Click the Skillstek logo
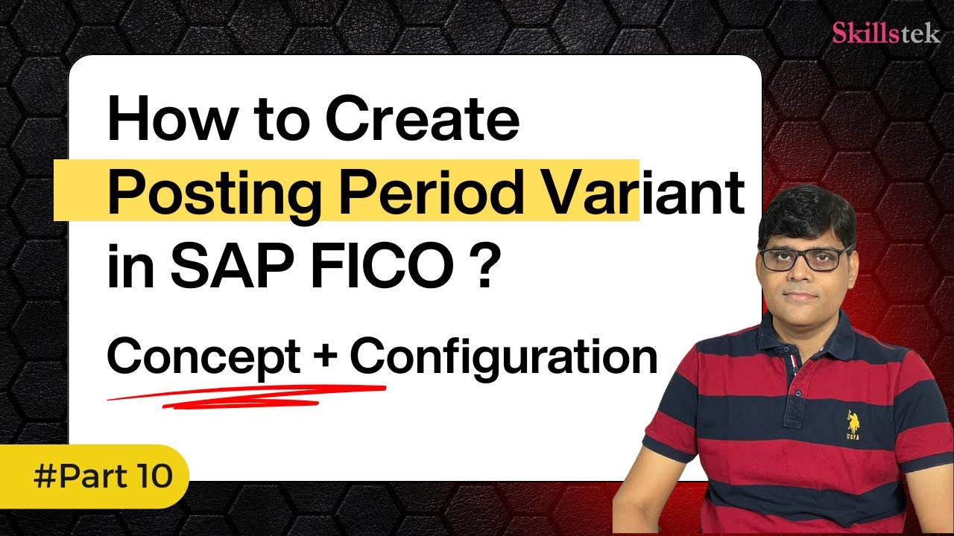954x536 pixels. [885, 33]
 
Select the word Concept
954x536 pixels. [203, 357]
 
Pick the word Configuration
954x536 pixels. [504, 357]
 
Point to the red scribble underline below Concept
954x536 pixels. [246, 394]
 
